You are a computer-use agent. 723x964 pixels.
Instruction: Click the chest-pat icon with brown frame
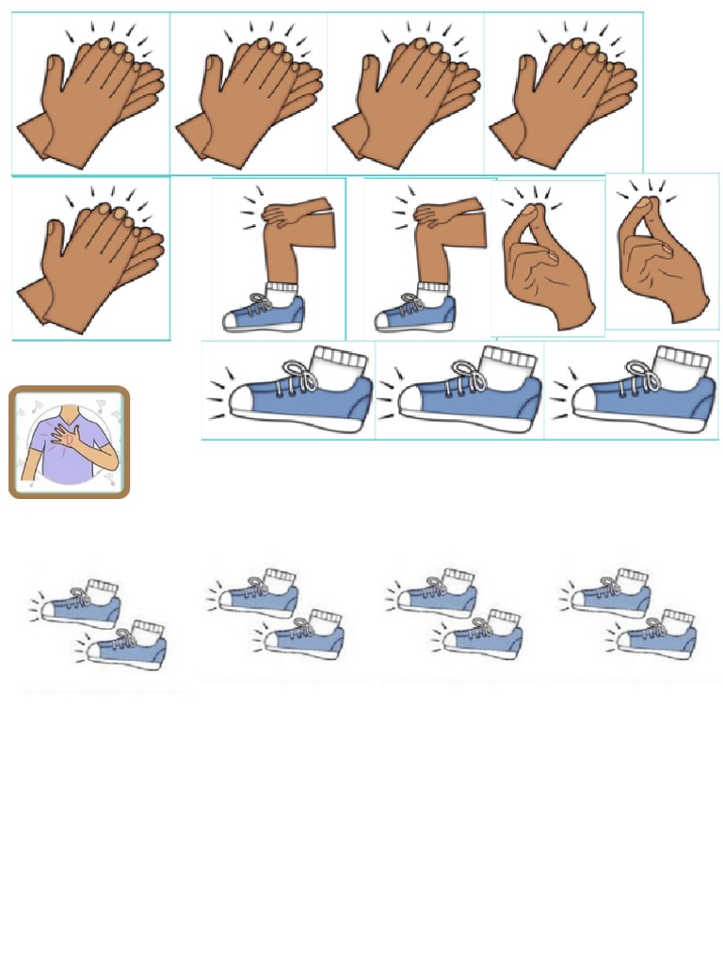point(69,442)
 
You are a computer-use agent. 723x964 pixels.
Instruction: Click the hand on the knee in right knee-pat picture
point(441,215)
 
